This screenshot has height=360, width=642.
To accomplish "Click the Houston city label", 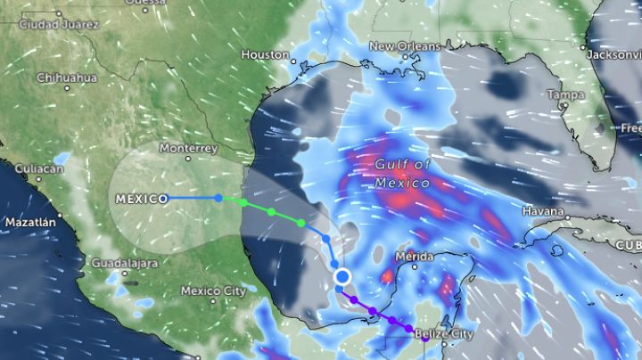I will [x=265, y=55].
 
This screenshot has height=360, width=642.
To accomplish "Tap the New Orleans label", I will [x=405, y=46].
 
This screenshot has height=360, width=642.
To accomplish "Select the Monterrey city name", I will [x=188, y=148].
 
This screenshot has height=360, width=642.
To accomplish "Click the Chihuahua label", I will [x=66, y=78].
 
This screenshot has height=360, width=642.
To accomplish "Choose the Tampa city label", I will [x=565, y=94].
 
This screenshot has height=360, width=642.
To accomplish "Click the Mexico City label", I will [x=212, y=290].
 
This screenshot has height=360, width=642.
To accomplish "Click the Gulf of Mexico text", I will [x=403, y=174].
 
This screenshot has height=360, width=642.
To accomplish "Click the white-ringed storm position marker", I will [x=342, y=278].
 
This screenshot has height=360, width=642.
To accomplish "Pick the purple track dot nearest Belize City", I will [x=410, y=330].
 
